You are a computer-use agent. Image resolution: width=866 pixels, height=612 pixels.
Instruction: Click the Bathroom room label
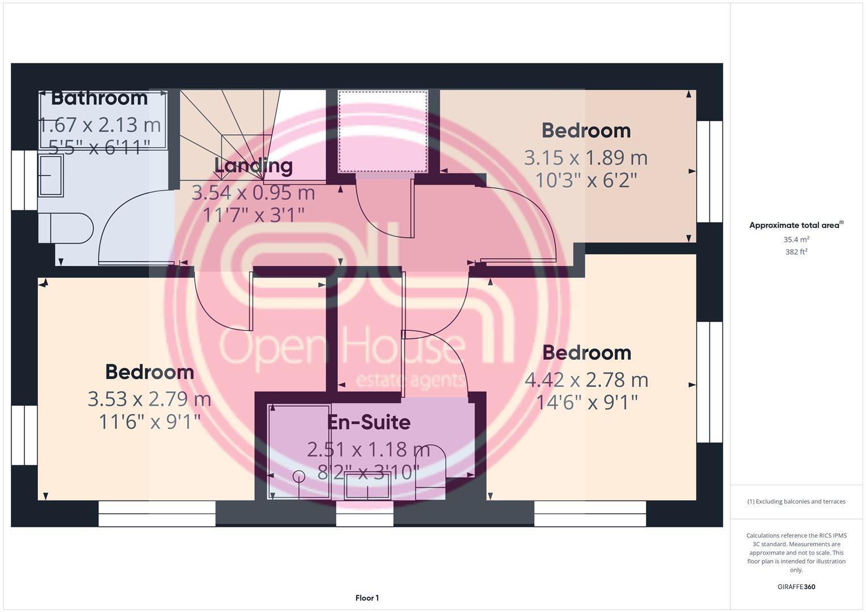99,98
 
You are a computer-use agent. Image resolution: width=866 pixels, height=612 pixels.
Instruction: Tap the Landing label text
253,165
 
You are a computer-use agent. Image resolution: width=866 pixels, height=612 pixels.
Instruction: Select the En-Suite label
369,422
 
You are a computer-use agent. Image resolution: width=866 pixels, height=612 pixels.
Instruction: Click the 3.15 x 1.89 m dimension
585,158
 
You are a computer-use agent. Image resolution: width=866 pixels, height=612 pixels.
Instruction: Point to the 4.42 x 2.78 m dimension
586,380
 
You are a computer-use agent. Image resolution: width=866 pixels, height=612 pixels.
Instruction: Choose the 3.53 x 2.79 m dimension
149,399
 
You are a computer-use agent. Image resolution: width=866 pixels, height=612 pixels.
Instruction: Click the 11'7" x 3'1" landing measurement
253,215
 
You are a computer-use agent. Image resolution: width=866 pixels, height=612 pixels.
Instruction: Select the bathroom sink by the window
51,176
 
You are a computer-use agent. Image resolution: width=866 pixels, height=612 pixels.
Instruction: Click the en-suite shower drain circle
298,477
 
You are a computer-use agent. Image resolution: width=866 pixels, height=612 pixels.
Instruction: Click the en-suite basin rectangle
367,486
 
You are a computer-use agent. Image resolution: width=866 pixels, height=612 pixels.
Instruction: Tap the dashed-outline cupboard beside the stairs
383,131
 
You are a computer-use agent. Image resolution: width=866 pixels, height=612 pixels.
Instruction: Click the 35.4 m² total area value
796,240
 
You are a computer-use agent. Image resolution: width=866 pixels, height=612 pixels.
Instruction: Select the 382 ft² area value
796,252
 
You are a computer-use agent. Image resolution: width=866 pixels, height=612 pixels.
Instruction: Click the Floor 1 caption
367,598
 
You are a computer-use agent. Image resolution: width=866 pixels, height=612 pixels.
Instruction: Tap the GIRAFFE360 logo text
796,587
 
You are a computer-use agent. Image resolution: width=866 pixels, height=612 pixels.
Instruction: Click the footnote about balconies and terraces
796,501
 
